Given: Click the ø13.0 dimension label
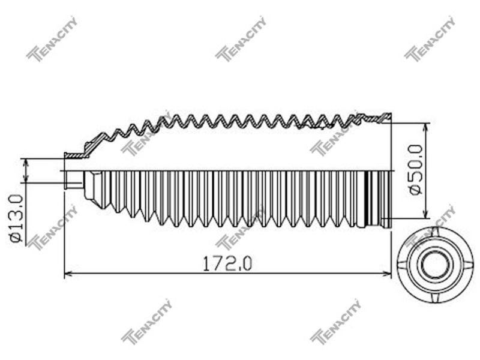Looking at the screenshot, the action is pyautogui.click(x=16, y=218).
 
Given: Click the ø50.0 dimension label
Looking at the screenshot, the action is pyautogui.click(x=416, y=169).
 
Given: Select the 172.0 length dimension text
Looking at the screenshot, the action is pyautogui.click(x=227, y=264).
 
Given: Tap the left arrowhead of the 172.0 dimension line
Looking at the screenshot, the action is pyautogui.click(x=68, y=274).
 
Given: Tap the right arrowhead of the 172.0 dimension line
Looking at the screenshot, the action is pyautogui.click(x=388, y=274).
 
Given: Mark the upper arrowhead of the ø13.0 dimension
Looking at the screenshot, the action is pyautogui.click(x=26, y=163).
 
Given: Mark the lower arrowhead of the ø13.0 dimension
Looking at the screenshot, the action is pyautogui.click(x=26, y=179).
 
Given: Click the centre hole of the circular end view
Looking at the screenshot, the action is pyautogui.click(x=435, y=265).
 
